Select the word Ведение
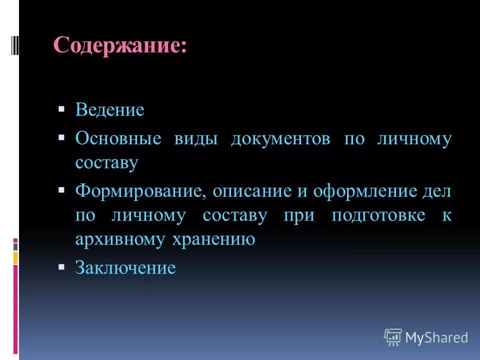109,110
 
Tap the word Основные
118,138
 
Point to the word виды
196,138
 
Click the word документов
280,138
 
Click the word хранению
213,239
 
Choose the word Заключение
125,268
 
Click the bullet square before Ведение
61,108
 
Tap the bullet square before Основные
61,137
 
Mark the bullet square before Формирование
61,189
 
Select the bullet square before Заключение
61,266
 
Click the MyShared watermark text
436,337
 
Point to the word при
299,215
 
